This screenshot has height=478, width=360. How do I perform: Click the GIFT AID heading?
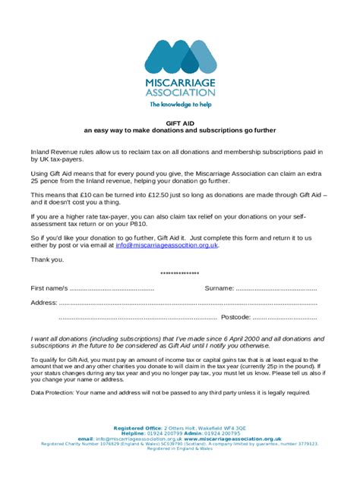click(x=180, y=121)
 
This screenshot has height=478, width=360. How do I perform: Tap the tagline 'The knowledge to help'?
click(x=180, y=104)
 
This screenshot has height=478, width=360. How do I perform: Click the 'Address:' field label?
click(x=44, y=302)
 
